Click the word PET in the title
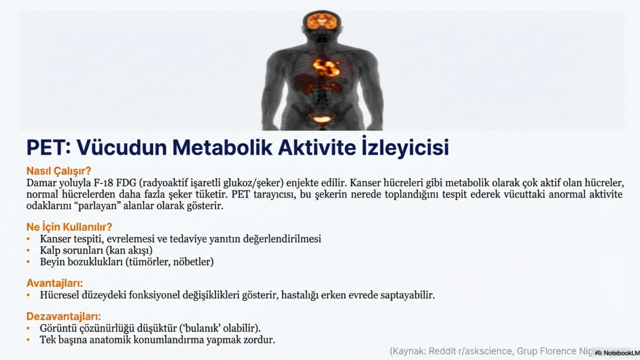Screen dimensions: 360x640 (x=47, y=148)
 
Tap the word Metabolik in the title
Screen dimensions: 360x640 (x=222, y=148)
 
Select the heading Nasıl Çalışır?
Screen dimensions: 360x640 (x=59, y=171)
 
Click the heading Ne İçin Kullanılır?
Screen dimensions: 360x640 (x=69, y=227)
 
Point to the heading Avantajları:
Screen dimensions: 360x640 (x=55, y=283)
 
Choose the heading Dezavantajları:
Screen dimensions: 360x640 (x=64, y=316)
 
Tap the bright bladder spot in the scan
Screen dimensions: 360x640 (x=322, y=119)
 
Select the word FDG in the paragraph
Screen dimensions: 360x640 (x=126, y=183)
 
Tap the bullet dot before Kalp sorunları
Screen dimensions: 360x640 (x=28, y=250)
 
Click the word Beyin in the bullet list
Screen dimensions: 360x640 (x=52, y=262)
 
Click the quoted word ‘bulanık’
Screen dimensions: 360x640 (x=200, y=328)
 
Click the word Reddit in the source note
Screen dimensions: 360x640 (x=442, y=351)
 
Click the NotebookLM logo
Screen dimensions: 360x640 (x=617, y=353)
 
